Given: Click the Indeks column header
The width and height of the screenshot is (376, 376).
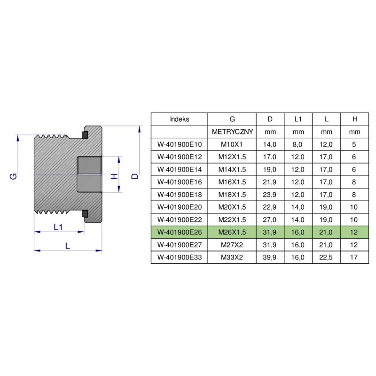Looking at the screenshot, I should tap(179, 119).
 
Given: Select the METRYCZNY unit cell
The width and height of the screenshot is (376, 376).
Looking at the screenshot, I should tap(232, 132).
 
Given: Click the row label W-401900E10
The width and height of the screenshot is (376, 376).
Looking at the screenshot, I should tap(179, 144).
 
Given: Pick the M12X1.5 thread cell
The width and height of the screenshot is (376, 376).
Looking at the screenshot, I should tap(232, 157).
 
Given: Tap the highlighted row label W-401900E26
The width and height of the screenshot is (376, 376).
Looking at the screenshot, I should tap(179, 232).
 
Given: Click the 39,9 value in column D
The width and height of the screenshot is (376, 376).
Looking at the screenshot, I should tap(270, 257).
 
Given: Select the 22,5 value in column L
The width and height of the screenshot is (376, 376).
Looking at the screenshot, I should tap(327, 257).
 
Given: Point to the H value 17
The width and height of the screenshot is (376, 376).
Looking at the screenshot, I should tap(355, 257).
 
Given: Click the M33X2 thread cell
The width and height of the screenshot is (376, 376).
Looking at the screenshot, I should tap(232, 257).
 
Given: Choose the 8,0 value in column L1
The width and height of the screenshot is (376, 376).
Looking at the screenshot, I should tap(298, 144).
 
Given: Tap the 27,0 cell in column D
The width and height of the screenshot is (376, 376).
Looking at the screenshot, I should tap(270, 219).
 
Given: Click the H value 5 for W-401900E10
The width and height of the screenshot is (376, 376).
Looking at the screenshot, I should tap(355, 144).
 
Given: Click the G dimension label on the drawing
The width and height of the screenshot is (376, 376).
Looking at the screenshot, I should tap(14, 176).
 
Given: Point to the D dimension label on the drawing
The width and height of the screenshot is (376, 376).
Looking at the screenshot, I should tap(135, 176).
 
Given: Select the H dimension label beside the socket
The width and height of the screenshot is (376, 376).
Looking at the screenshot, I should tap(113, 176).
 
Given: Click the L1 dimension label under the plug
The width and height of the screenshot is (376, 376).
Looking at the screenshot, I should tap(58, 227).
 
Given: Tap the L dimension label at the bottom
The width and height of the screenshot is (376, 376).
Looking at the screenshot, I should tap(68, 245).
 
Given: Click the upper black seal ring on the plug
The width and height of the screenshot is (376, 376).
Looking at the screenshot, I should tap(85, 135).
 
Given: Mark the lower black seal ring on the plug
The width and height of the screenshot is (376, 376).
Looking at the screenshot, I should tap(85, 214).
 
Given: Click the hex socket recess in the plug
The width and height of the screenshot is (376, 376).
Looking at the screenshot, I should tap(89, 174).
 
